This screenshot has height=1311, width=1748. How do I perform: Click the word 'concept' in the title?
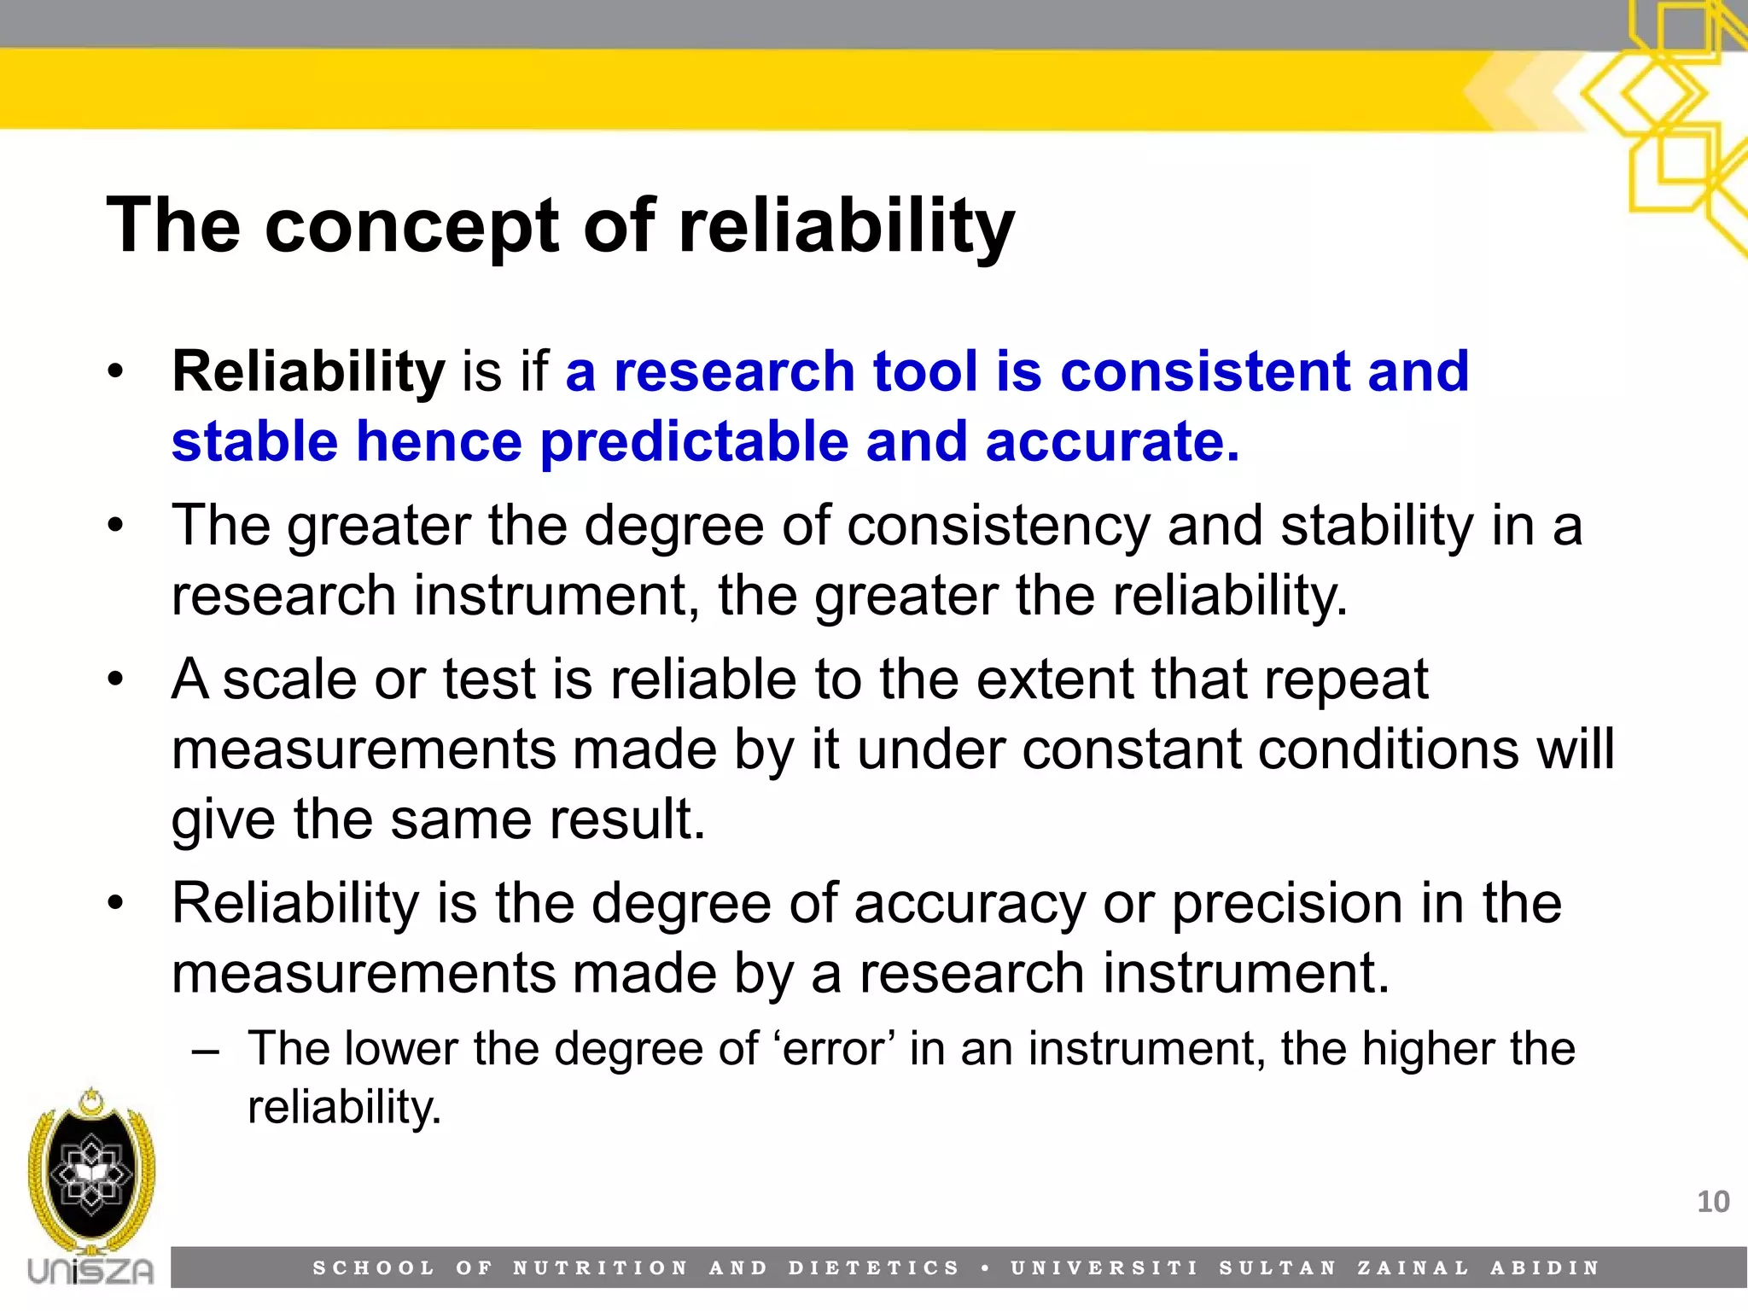click(x=412, y=227)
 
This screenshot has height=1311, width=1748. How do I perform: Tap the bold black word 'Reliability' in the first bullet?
click(x=308, y=372)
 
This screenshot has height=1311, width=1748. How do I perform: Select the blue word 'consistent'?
click(x=1203, y=372)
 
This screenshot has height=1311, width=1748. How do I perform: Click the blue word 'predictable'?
click(x=694, y=442)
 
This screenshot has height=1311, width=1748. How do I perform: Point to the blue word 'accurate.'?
click(x=1112, y=442)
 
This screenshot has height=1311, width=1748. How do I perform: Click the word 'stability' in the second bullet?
click(x=1377, y=526)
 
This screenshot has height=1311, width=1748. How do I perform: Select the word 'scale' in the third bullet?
click(x=289, y=680)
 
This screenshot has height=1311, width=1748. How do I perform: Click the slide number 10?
click(x=1712, y=1202)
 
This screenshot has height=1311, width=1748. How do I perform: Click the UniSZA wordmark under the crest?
click(x=90, y=1271)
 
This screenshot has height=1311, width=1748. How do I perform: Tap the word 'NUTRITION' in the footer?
click(x=600, y=1268)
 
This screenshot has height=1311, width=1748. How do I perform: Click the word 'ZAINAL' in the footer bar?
click(x=1413, y=1268)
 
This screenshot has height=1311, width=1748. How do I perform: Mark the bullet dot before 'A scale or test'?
click(x=116, y=681)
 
